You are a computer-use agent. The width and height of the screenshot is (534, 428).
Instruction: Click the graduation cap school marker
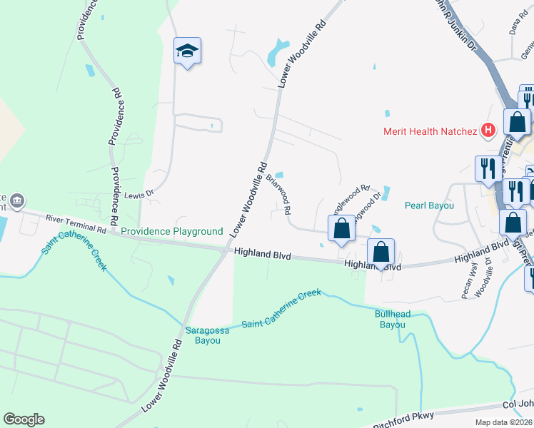(188, 51)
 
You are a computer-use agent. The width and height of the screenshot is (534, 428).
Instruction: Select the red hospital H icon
(488, 130)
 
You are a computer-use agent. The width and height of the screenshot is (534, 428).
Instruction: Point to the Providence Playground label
(171, 231)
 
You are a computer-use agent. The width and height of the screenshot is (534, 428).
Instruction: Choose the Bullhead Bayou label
(390, 319)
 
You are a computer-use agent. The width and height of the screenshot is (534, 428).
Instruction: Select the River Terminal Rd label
(76, 223)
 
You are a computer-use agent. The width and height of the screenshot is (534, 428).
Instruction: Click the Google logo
(24, 419)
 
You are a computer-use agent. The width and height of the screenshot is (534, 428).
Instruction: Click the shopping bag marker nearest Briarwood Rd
(342, 229)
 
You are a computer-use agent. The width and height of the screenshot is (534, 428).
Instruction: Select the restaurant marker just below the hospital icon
(486, 168)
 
